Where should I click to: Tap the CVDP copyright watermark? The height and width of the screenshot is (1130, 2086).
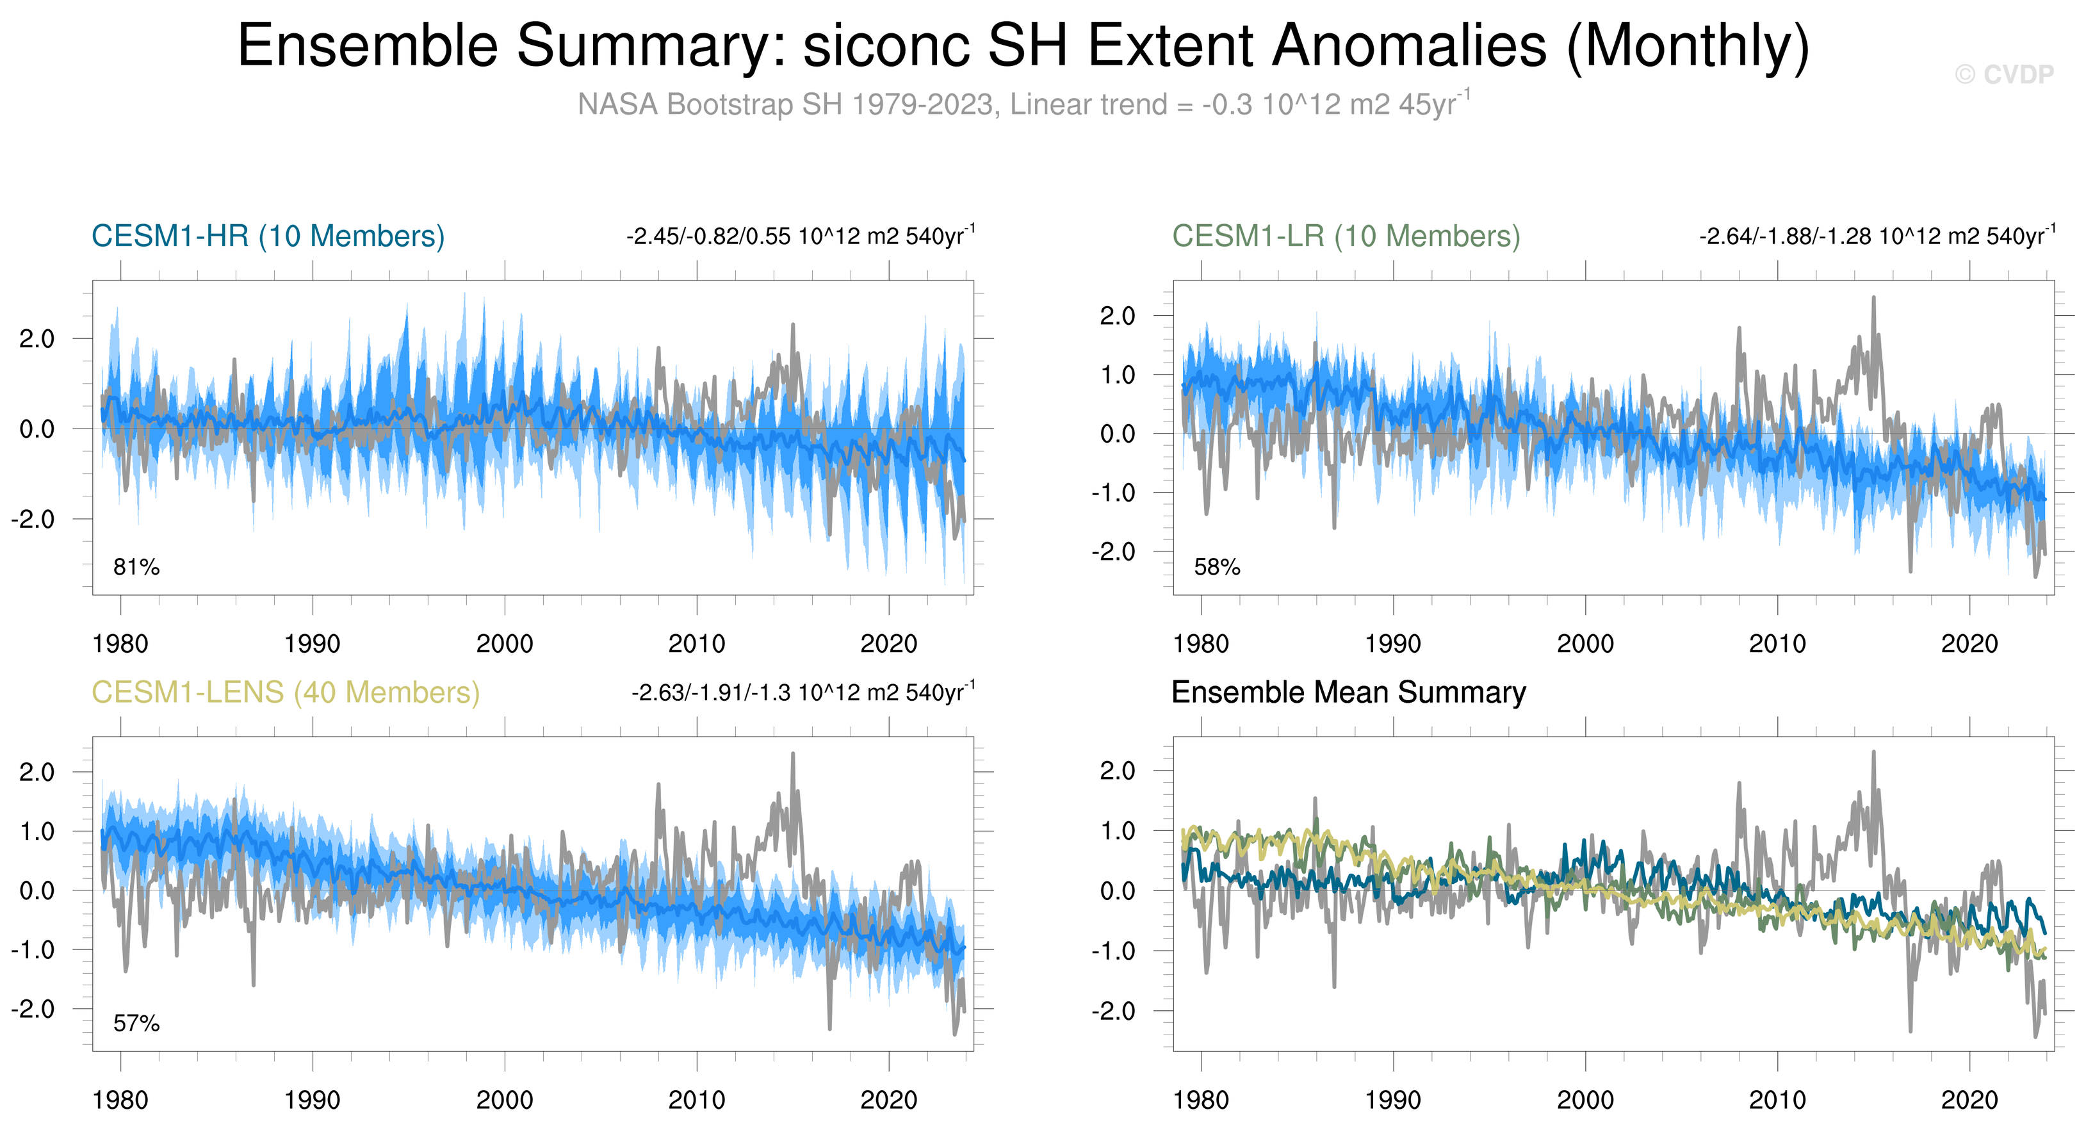[x=2003, y=74]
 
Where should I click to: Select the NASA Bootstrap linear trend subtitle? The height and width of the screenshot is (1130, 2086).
[x=1023, y=104]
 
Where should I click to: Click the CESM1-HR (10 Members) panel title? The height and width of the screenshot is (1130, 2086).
[x=268, y=236]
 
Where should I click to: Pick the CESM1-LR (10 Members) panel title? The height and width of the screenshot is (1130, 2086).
[x=1346, y=236]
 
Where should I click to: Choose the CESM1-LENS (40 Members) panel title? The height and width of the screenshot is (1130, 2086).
[x=285, y=692]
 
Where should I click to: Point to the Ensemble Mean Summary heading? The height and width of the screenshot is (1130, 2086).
[x=1348, y=692]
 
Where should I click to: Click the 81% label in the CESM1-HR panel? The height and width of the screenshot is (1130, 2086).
[x=136, y=567]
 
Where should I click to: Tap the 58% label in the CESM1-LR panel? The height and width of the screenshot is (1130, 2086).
[x=1216, y=567]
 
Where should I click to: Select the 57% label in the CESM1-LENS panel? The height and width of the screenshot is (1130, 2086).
[x=136, y=1024]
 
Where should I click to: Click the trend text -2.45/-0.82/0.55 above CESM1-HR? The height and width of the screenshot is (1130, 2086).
[x=800, y=236]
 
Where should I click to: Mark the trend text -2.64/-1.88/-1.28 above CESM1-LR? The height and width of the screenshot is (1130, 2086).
[x=1877, y=236]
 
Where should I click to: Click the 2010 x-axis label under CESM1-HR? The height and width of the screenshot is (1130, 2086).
[x=696, y=644]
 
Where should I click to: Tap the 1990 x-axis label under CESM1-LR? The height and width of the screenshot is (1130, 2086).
[x=1393, y=644]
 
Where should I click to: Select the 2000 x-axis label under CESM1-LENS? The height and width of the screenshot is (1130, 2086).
[x=505, y=1100]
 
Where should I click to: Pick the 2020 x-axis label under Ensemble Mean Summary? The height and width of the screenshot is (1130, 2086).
[x=1969, y=1100]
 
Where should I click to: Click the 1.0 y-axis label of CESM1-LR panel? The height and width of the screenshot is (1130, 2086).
[x=1118, y=375]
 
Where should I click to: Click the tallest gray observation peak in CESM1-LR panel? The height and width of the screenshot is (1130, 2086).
[x=1873, y=298]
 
